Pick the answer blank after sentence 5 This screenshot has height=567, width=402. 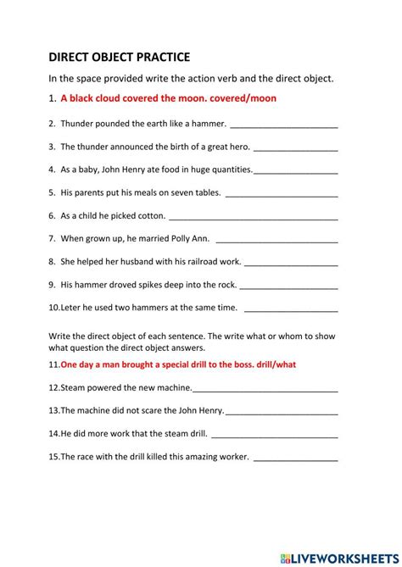[282, 193]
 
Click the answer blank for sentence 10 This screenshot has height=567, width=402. [290, 308]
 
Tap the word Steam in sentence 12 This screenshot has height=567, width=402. [74, 387]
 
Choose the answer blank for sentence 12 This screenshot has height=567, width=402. [265, 389]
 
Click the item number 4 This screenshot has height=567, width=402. [52, 170]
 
